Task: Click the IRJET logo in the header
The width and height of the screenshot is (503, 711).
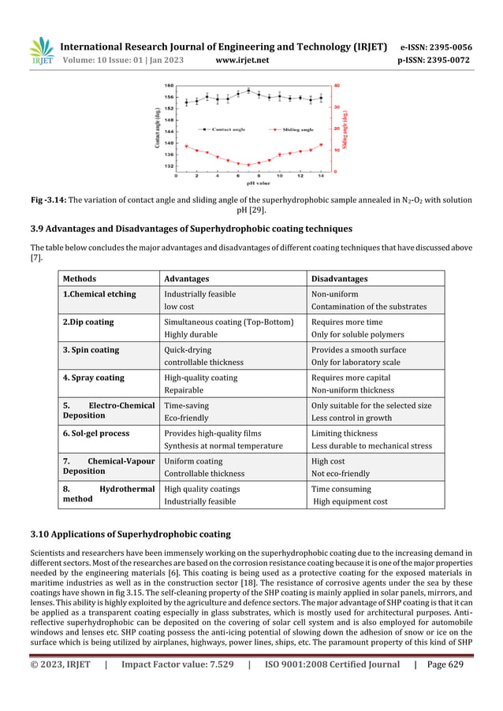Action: pyautogui.click(x=40, y=51)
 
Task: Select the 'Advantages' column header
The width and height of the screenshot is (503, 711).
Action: pyautogui.click(x=186, y=278)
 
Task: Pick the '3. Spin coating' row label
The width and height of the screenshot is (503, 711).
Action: pyautogui.click(x=91, y=350)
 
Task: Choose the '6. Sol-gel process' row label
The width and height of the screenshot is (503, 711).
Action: pyautogui.click(x=96, y=434)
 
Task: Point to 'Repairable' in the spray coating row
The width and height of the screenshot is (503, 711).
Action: pyautogui.click(x=184, y=390)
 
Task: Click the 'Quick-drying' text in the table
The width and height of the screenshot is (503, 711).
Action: pyautogui.click(x=188, y=350)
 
